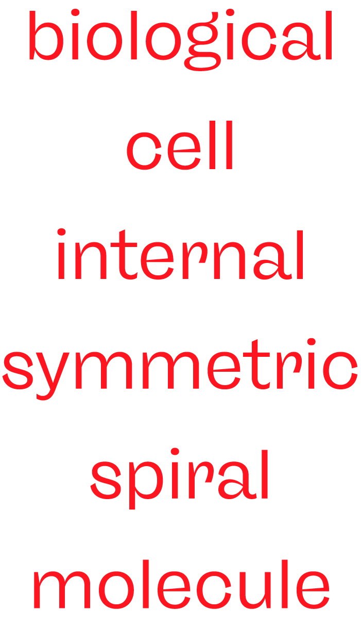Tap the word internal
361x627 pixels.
click(180, 255)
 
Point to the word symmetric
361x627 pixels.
click(180, 369)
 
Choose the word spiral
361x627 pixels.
click(180, 477)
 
